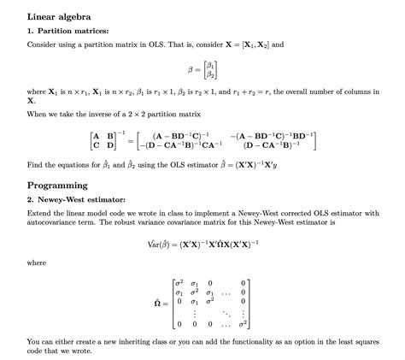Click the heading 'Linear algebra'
[59, 16]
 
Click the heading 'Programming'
[56, 185]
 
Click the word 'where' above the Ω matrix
[37, 263]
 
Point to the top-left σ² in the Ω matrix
[178, 281]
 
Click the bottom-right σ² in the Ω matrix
[244, 323]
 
